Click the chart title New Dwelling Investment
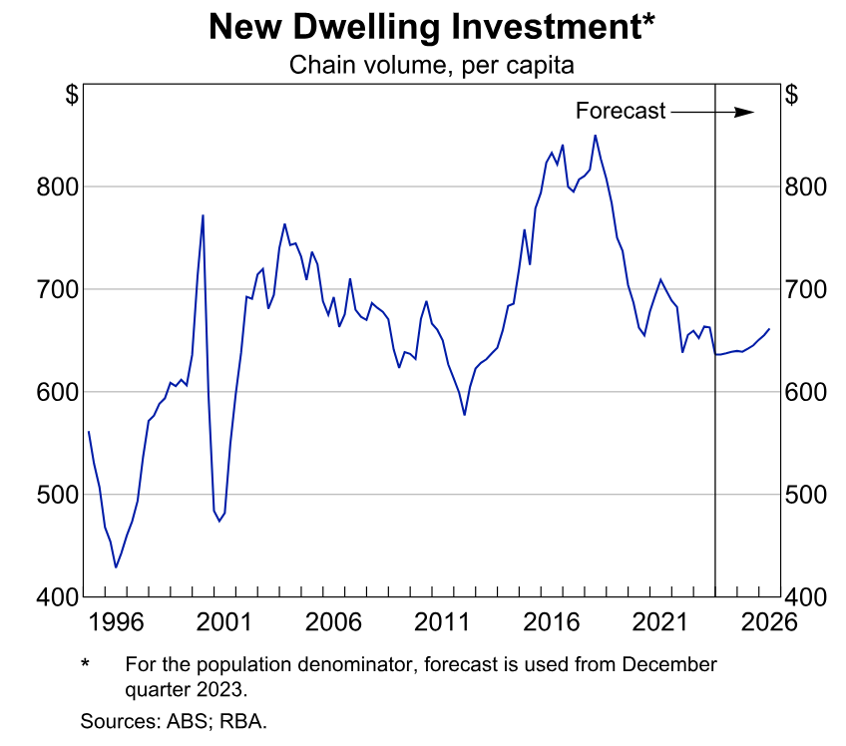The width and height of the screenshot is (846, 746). [x=422, y=28]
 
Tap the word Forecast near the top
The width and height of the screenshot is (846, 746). [x=621, y=111]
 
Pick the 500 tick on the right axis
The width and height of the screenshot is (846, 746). [x=806, y=495]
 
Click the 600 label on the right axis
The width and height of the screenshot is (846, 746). [x=806, y=393]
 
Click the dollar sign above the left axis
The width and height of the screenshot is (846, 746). [x=72, y=96]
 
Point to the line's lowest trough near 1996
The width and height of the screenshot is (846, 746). [x=116, y=567]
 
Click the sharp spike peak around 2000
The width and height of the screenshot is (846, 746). [x=203, y=215]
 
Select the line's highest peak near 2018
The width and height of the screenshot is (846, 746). [x=595, y=136]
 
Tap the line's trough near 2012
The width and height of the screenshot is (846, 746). [x=465, y=415]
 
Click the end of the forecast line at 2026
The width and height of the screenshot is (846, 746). [x=769, y=329]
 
